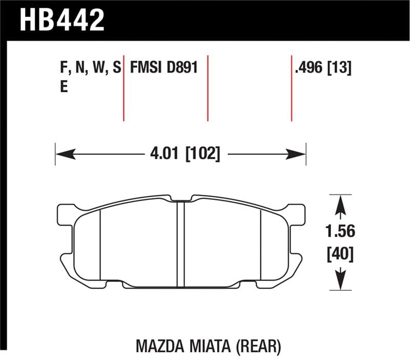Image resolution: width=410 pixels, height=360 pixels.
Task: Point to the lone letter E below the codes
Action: (x=64, y=87)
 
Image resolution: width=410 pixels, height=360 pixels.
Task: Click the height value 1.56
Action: (x=340, y=232)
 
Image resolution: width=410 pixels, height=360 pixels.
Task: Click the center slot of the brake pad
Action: (x=180, y=244)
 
